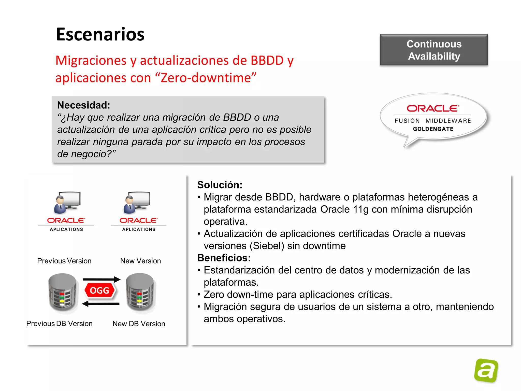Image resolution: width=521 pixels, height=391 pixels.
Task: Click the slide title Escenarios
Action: pos(100,34)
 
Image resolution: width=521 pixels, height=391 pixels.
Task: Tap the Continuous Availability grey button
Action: pos(434,50)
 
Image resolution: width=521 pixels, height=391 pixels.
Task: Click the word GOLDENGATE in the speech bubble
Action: pos(433,129)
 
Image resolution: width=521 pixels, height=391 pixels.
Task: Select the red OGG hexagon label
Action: pos(99,290)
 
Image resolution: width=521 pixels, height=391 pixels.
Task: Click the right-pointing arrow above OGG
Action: pos(102,279)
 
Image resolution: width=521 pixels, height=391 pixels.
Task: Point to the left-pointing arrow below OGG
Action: pos(101,303)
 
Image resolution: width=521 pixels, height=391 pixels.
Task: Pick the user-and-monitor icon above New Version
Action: pos(137,202)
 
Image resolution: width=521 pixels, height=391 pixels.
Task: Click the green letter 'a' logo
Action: pos(486,370)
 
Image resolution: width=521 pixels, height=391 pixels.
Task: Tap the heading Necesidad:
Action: pos(83,105)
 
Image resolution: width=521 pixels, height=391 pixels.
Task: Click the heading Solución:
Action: pos(220,185)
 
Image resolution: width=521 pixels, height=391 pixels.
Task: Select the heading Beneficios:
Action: pos(224,258)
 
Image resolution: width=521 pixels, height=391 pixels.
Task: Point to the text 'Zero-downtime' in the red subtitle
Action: pos(208,78)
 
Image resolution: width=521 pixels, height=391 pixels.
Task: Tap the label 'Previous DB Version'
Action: pos(59,324)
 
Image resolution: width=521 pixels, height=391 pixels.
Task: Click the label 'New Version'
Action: pos(140,261)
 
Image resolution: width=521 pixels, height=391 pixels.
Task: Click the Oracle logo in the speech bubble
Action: pos(433,109)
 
